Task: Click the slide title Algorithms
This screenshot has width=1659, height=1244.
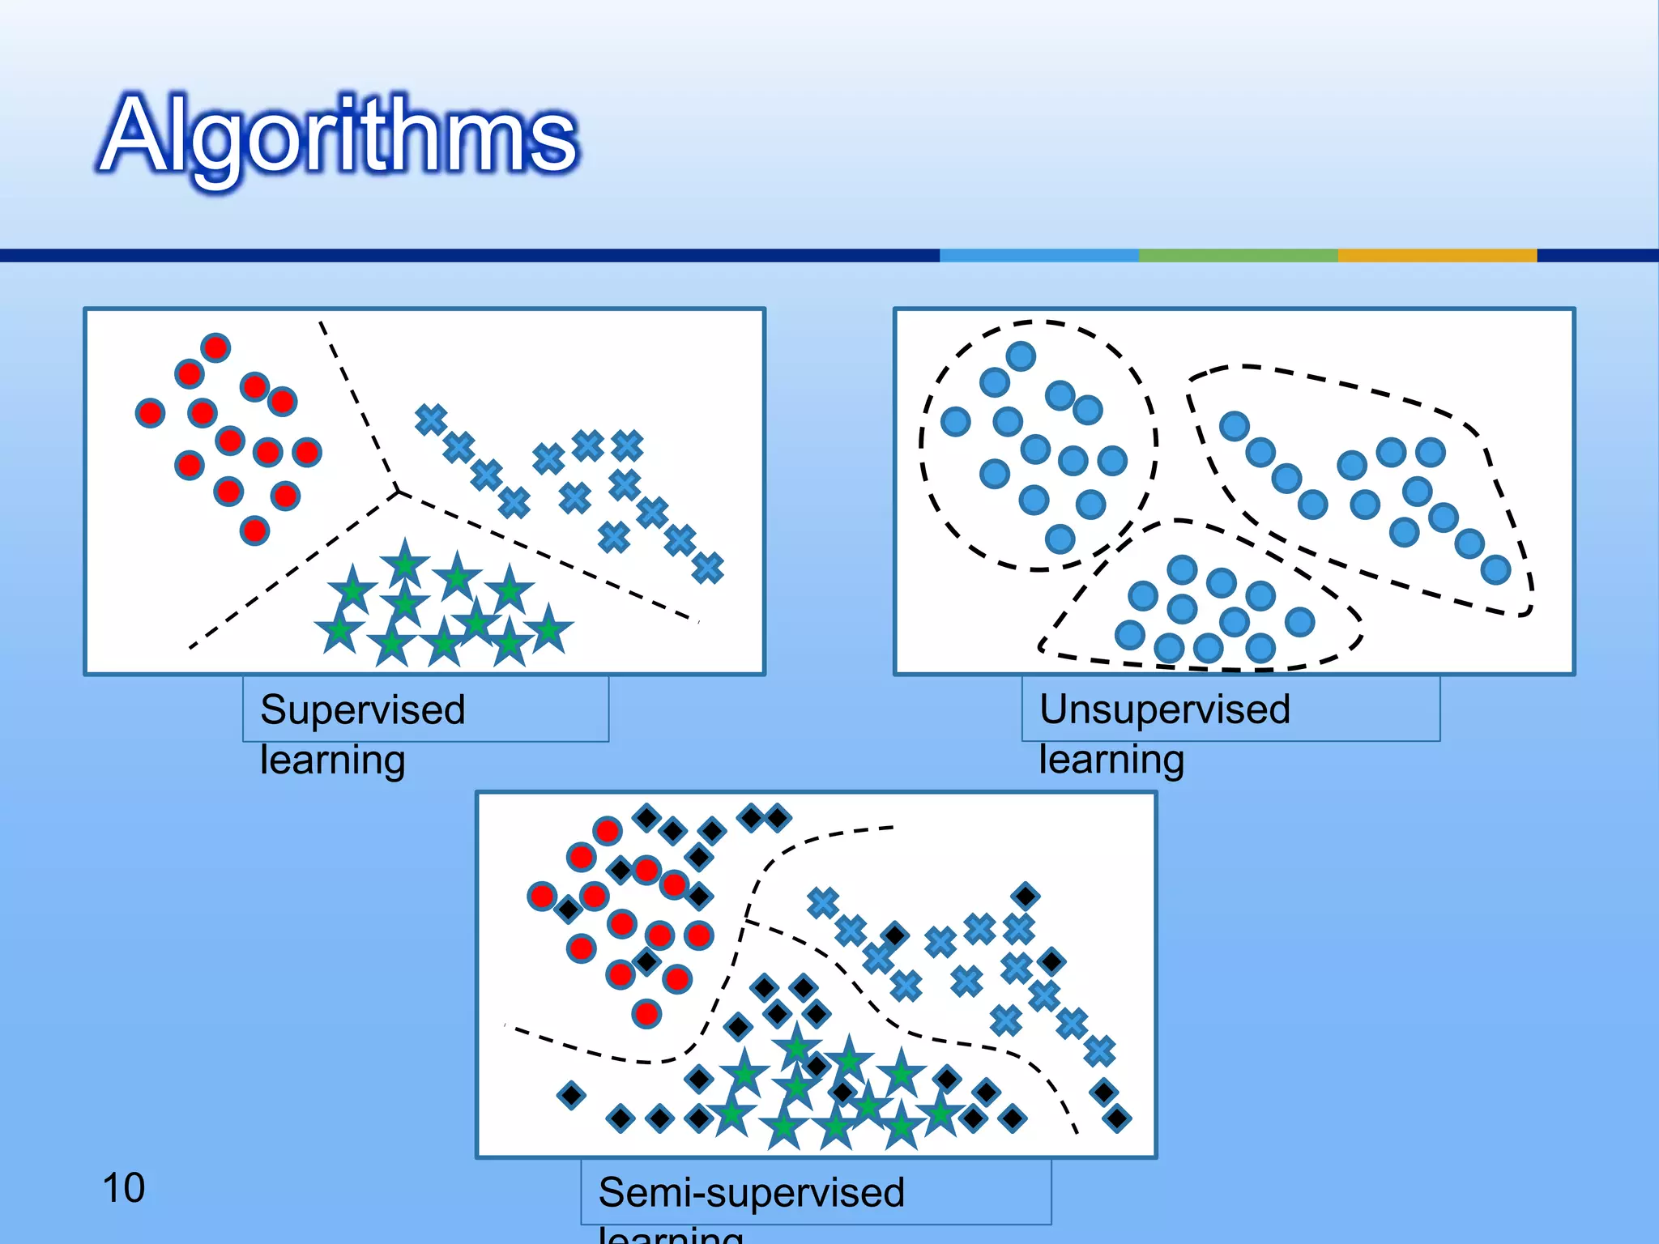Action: point(339,136)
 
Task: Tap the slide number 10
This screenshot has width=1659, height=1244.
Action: point(123,1188)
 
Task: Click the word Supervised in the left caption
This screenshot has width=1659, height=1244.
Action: point(362,710)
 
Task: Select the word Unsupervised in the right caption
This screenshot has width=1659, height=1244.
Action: point(1164,709)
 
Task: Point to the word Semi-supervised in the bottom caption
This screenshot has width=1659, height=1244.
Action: point(751,1192)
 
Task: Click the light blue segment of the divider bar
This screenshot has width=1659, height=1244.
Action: point(1038,255)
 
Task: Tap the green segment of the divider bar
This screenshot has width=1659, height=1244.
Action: point(1238,255)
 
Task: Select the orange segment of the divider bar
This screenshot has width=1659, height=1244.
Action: point(1436,255)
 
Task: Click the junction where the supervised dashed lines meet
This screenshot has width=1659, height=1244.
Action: point(398,490)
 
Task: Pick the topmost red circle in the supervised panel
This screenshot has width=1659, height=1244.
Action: point(215,348)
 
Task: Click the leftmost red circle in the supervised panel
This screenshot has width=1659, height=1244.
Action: point(150,413)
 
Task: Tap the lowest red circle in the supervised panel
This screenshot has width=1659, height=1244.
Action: point(254,530)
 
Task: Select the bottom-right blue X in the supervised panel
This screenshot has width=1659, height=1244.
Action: point(707,568)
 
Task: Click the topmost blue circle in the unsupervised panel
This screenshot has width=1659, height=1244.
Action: point(1021,356)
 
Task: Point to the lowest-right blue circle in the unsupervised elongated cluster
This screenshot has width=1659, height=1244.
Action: point(1495,569)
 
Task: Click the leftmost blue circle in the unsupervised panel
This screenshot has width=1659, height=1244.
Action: point(956,421)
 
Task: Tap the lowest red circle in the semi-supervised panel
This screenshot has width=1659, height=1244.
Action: point(646,1013)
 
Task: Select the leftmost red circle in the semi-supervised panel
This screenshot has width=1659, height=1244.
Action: point(542,896)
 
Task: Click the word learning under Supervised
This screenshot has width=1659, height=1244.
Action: point(332,760)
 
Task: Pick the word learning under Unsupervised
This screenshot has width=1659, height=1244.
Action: point(1111,760)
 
